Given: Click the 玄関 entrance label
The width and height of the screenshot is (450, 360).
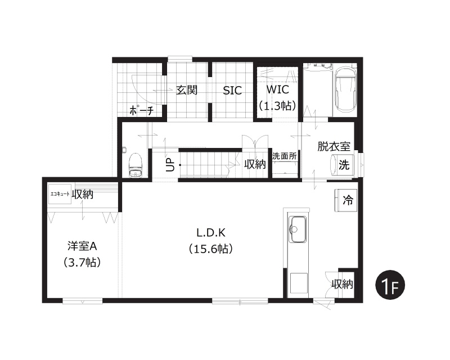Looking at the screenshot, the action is point(187,90).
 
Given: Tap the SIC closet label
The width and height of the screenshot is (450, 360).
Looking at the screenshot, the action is point(232,91).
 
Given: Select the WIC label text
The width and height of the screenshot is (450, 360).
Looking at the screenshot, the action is point(277,89).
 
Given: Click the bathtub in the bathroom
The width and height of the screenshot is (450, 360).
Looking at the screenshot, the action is point(345,89).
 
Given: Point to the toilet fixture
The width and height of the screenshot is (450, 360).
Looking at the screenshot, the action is point(136,165).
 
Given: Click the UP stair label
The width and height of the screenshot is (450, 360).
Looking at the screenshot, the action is point(170,164).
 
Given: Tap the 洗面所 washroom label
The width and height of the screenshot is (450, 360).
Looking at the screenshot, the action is point(285,156).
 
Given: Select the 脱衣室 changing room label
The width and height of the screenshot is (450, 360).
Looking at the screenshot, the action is point(334,146).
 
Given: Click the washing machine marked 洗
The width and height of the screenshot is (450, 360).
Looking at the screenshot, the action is point(343,165).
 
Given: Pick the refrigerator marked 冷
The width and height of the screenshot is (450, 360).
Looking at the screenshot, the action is point(346,200).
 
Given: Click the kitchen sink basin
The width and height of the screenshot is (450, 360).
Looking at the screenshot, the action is point(298,229).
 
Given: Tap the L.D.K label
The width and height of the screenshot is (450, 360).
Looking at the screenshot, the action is point(211,233).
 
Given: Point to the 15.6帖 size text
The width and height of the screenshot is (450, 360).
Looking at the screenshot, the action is point(211,249).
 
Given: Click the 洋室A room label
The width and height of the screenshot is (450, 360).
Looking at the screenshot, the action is point(82,246).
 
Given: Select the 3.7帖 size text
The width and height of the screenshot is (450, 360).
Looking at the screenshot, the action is point(82,262).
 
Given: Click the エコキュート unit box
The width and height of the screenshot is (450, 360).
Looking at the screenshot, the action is point(60,194).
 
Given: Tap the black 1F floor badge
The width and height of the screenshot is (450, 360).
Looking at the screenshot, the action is point(390,285).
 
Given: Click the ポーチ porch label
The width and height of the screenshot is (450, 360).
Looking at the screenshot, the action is point(142,110).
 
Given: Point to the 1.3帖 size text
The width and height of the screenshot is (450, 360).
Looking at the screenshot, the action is point(277,106).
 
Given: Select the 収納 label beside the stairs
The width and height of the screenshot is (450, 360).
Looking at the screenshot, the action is point(255,164).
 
